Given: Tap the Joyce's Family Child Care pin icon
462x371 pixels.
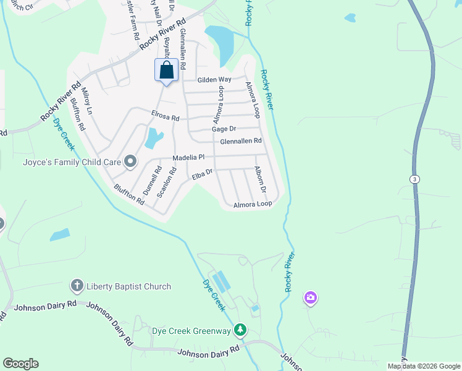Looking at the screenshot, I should click(130, 162).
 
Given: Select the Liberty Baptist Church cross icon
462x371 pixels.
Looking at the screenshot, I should click(77, 286).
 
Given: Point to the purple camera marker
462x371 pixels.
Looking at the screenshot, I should click(310, 299).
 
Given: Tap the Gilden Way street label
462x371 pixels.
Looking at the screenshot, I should click(214, 80).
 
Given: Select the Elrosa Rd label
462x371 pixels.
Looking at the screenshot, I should click(166, 116).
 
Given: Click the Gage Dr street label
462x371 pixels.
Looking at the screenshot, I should click(224, 129).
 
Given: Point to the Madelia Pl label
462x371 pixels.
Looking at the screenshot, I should click(188, 158).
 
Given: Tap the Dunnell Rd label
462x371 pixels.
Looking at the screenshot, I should click(151, 180).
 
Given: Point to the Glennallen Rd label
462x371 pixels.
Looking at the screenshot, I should click(241, 141).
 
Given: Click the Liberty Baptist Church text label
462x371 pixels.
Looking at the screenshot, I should click(128, 286).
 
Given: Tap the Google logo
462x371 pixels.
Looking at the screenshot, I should click(20, 364).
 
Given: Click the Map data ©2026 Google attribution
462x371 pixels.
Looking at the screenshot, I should click(424, 366).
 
